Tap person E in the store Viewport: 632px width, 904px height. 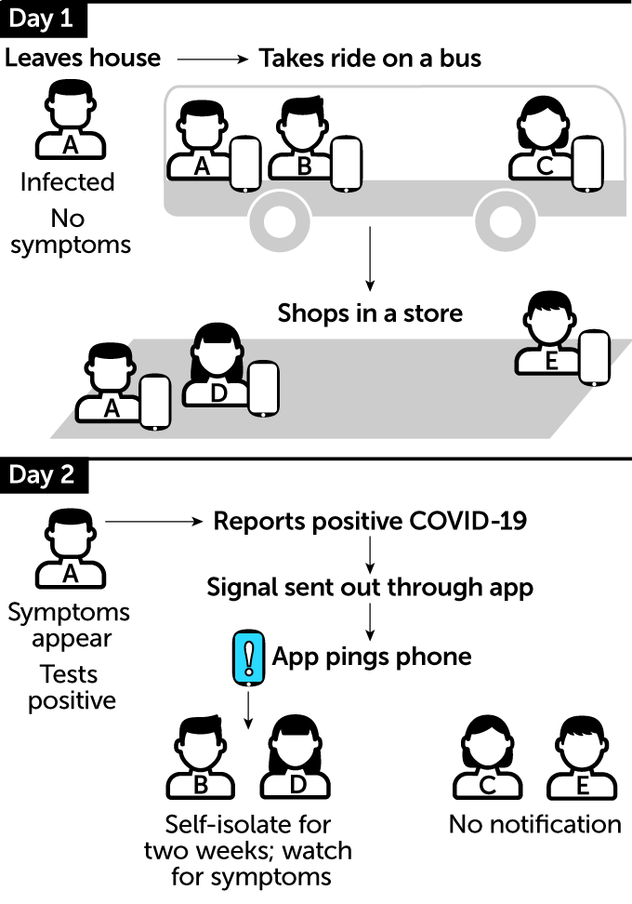(x=550, y=334)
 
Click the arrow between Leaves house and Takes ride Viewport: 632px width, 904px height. (x=212, y=59)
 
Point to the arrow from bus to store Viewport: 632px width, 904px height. (x=370, y=261)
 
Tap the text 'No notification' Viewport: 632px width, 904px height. (x=534, y=824)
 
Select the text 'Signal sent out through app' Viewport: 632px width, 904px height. (x=370, y=588)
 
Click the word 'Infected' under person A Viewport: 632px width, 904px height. (x=67, y=182)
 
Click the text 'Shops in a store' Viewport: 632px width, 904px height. (x=370, y=312)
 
